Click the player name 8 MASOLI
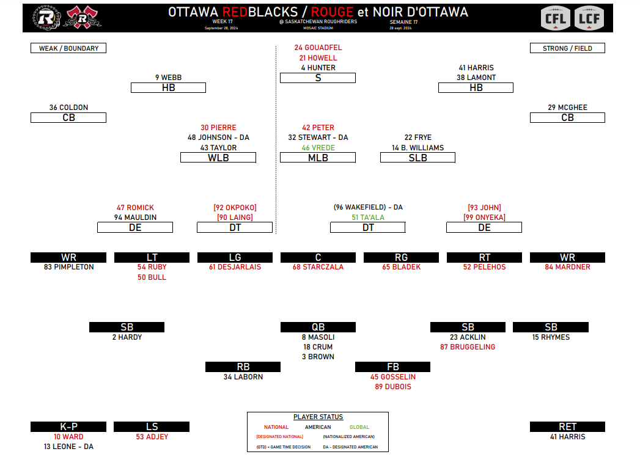[x=318, y=337]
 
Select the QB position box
[x=318, y=327]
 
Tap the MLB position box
[x=318, y=158]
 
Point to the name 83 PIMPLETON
[x=68, y=267]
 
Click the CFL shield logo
[x=557, y=18]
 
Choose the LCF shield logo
[x=589, y=18]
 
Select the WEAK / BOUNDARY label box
[x=68, y=48]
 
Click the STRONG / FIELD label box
[x=567, y=48]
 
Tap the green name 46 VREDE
[x=318, y=148]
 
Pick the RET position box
[x=567, y=427]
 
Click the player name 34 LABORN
[x=243, y=377]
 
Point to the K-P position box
[x=68, y=427]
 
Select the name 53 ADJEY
[x=152, y=437]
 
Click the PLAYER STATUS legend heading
[x=318, y=417]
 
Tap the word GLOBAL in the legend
[x=359, y=427]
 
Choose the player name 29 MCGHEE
[x=567, y=108]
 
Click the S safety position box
[x=318, y=78]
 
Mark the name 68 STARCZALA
[x=318, y=267]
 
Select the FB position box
[x=392, y=367]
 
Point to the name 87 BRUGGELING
[x=468, y=347]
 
